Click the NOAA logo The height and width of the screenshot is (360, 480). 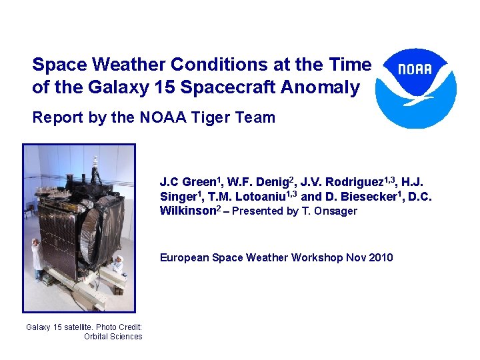416,87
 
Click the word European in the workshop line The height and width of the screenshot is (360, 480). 182,257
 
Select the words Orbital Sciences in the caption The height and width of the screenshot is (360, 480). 113,337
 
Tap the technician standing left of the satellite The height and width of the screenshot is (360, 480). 37,260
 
